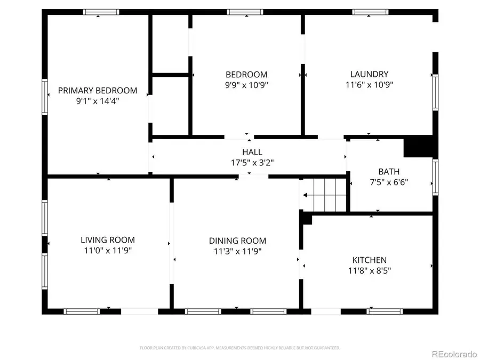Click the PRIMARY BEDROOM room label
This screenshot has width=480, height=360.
click(x=98, y=91)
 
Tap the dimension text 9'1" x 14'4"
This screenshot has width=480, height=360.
click(x=98, y=100)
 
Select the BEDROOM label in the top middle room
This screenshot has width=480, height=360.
click(x=246, y=75)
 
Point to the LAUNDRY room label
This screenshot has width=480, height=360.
click(x=369, y=75)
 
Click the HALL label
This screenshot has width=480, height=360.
click(x=252, y=153)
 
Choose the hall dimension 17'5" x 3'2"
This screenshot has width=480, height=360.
click(x=252, y=162)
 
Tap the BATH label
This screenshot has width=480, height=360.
click(x=389, y=172)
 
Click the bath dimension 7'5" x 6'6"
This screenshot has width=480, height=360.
click(x=389, y=182)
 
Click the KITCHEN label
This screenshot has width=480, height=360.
click(x=369, y=260)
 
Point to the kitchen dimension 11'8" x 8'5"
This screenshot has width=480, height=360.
click(x=369, y=270)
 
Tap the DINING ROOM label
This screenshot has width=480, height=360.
click(x=237, y=241)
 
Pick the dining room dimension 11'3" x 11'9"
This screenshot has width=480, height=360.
click(x=237, y=251)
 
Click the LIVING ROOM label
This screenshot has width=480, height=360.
click(x=108, y=240)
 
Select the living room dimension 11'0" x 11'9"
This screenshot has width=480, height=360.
click(x=108, y=250)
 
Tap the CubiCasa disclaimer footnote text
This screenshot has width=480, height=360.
click(x=239, y=348)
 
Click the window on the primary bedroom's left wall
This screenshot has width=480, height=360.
click(x=45, y=97)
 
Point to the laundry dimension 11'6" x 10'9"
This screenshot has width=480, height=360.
click(x=369, y=84)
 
